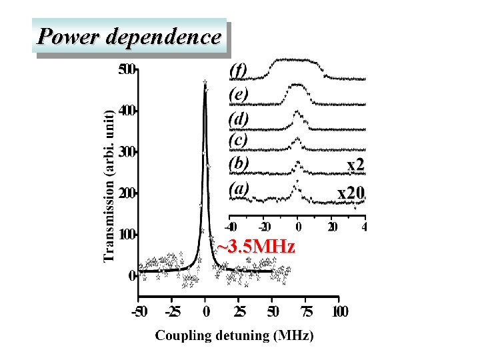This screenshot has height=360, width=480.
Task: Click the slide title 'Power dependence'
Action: [x=129, y=36]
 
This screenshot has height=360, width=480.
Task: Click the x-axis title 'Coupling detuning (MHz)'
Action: [x=234, y=335]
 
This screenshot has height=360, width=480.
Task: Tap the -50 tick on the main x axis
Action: [x=139, y=311]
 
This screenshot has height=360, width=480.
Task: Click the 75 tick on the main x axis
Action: [x=307, y=311]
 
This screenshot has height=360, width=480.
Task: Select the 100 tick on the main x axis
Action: [x=340, y=311]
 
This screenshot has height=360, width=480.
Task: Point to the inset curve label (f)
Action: [x=238, y=69]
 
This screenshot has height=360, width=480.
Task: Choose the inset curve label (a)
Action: [x=239, y=188]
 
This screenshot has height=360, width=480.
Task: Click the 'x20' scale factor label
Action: [x=351, y=193]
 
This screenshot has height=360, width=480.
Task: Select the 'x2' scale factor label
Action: [x=355, y=165]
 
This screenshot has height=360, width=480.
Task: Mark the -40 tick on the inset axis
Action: [x=230, y=227]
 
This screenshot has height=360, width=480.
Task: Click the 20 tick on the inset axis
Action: [x=332, y=227]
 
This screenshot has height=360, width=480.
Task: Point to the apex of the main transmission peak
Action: [x=205, y=83]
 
